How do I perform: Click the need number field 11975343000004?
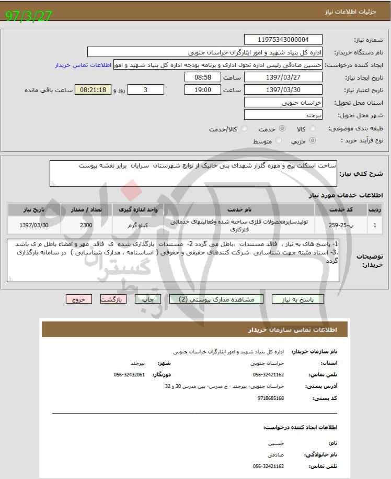click(x=283, y=40)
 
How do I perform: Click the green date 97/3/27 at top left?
click(x=29, y=16)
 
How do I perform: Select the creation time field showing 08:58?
click(x=202, y=77)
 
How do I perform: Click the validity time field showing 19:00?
click(x=202, y=90)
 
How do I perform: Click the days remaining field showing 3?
click(x=145, y=90)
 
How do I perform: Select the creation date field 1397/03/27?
click(x=283, y=77)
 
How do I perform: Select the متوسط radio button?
click(x=279, y=141)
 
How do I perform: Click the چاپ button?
click(x=148, y=299)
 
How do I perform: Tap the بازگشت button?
click(x=113, y=299)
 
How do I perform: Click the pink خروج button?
click(x=78, y=299)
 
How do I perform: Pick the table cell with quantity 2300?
click(x=86, y=225)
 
